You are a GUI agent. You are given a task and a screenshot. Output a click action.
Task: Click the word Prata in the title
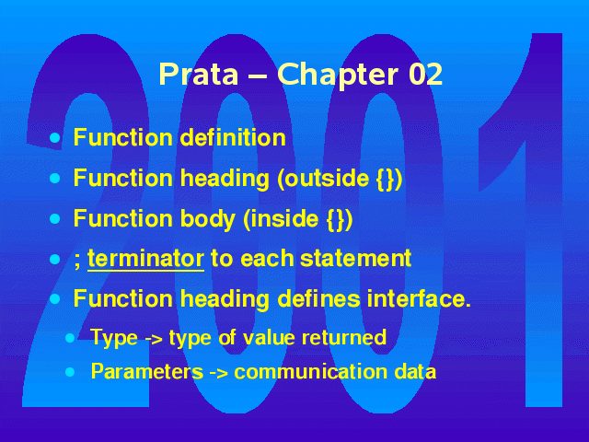(199, 74)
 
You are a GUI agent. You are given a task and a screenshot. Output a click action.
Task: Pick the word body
(208, 219)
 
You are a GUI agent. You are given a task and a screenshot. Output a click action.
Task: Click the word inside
(284, 218)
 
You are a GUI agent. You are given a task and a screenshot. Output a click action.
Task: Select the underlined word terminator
(145, 259)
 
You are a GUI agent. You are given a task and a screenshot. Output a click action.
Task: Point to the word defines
(318, 298)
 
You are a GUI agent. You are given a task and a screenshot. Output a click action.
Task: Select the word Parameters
(147, 371)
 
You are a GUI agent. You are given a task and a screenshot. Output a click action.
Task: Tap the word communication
(311, 371)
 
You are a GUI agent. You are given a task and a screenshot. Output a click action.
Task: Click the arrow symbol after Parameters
(218, 373)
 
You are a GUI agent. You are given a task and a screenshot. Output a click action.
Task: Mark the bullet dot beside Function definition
(55, 137)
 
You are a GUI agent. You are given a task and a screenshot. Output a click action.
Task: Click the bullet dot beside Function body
(55, 219)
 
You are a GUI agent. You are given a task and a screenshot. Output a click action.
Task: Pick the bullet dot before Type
(70, 338)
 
